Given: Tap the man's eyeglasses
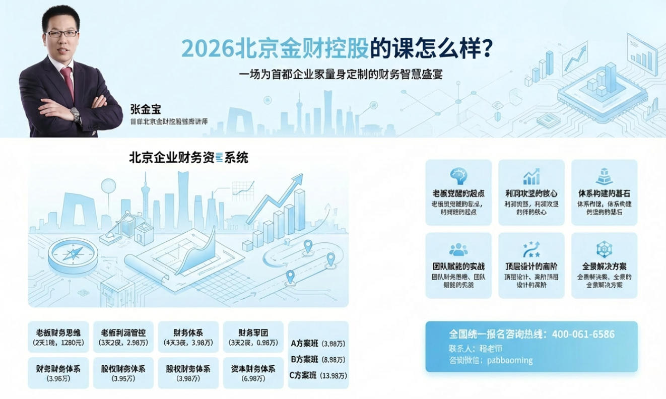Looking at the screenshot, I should [x=62, y=34].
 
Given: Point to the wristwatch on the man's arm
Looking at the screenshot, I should [x=76, y=115].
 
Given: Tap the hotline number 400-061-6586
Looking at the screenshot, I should [x=583, y=334].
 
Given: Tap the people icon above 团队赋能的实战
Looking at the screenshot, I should [x=458, y=250].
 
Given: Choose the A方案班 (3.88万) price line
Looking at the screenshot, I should [x=318, y=344].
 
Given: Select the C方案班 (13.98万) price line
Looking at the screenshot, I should [x=318, y=375].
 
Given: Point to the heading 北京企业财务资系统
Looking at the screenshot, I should [x=188, y=158].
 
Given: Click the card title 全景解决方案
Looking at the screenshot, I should [x=604, y=267].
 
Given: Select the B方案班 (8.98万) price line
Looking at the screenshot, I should [x=318, y=360].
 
